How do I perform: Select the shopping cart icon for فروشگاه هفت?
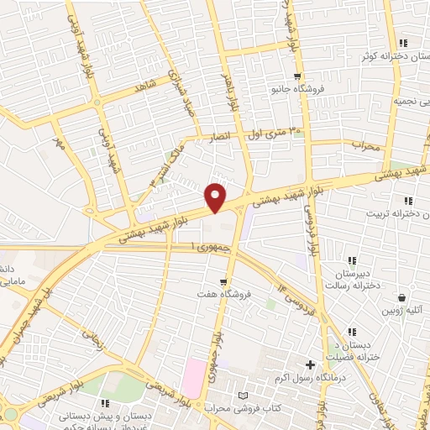click(223, 281)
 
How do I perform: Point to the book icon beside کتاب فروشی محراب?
click(244, 395)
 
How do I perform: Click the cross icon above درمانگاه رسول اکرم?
click(311, 365)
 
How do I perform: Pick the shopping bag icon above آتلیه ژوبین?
click(403, 297)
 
